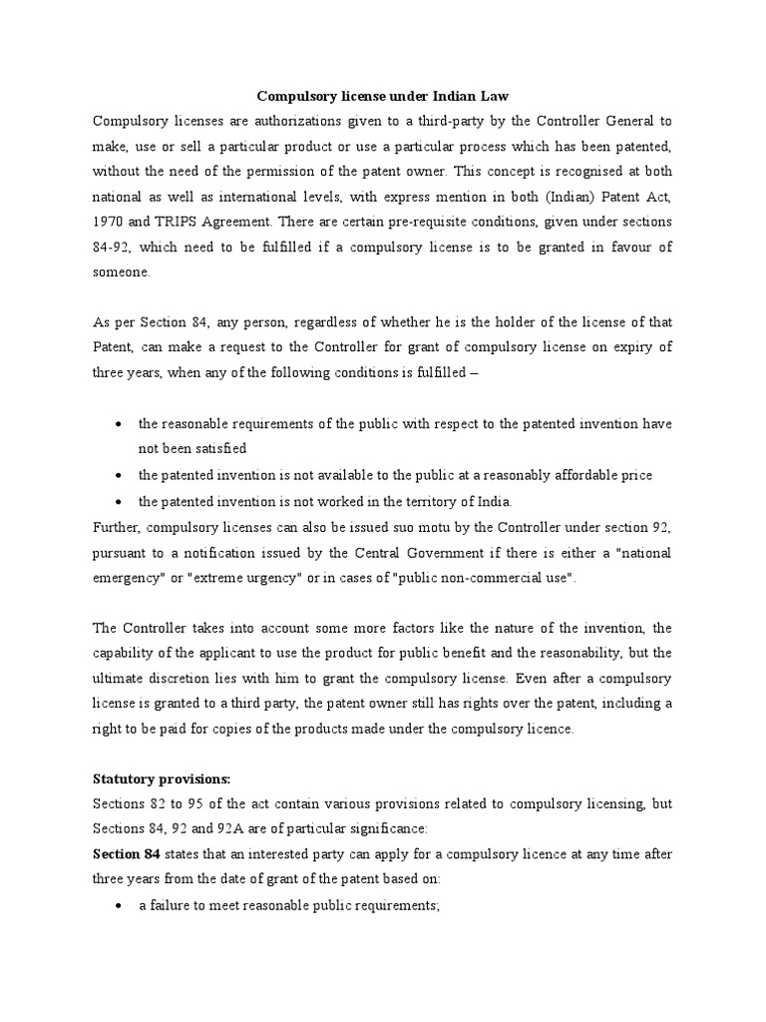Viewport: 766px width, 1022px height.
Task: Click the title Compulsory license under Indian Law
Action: [x=384, y=97]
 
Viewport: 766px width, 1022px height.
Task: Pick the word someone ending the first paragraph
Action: [x=122, y=270]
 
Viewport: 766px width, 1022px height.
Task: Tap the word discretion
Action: [x=176, y=678]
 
